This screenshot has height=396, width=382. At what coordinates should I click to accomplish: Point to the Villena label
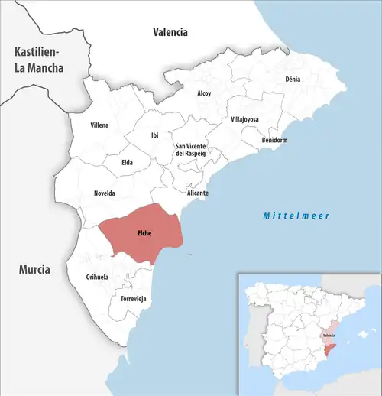click(x=99, y=125)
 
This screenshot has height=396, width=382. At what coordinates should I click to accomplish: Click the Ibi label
click(x=155, y=135)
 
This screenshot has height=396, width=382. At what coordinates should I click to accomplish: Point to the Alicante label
click(x=197, y=193)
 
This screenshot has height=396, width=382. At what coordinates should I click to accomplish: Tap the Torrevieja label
click(x=133, y=297)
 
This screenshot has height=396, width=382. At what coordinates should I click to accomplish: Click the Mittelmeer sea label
click(x=296, y=216)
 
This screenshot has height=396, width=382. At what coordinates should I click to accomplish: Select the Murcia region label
click(x=35, y=270)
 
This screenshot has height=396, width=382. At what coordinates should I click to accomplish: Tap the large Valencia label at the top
click(x=170, y=32)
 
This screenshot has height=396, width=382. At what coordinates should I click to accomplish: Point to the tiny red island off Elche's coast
click(x=189, y=255)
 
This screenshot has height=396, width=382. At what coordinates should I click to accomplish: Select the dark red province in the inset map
click(x=328, y=351)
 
